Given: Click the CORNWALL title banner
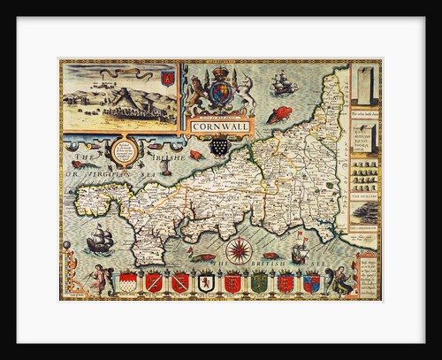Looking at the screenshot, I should (x=218, y=125).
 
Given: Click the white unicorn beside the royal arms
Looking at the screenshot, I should (x=248, y=91).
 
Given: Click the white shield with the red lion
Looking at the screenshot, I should (x=205, y=283).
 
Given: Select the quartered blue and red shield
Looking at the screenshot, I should (x=311, y=283).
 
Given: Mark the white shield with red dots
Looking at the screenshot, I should (x=128, y=283).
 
